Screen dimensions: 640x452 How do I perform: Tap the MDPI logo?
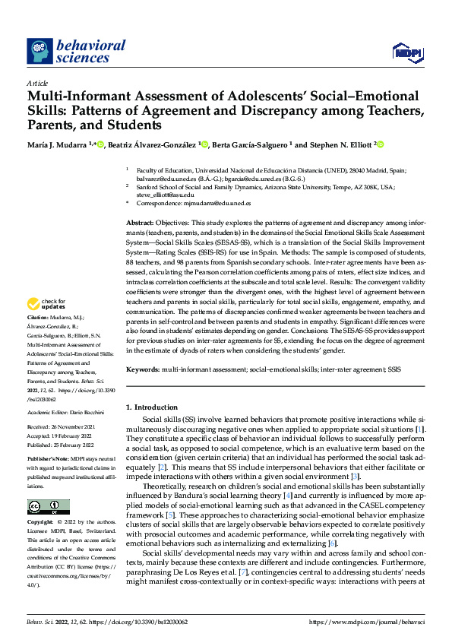407,51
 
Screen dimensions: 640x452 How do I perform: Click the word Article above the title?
37,82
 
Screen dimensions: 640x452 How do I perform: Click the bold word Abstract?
141,221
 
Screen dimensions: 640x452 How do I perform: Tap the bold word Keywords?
143,369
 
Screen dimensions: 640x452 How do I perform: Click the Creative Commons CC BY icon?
47,507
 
